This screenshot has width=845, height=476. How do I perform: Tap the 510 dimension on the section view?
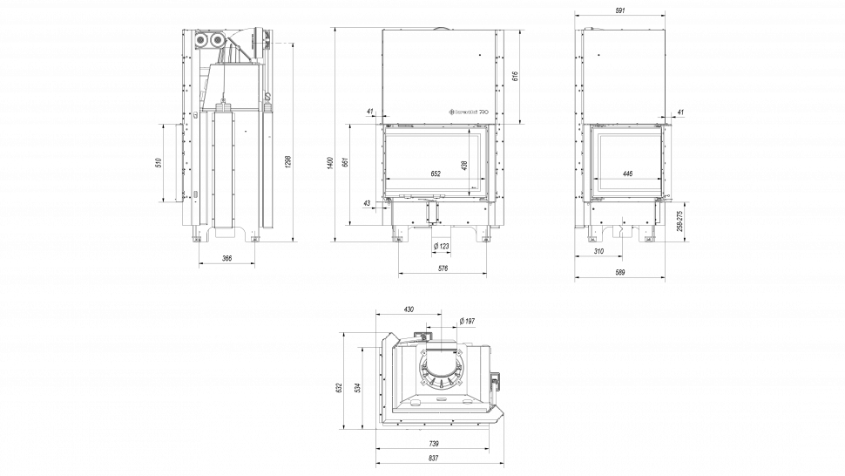point(158,163)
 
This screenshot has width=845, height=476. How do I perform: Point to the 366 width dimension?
point(226,258)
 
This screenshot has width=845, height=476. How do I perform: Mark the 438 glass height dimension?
point(464,163)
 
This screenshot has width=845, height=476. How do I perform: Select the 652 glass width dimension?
point(436,173)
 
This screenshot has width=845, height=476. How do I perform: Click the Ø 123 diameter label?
point(441,247)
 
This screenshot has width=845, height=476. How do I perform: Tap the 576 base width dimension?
point(442,269)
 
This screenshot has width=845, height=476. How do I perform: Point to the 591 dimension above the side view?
point(620,11)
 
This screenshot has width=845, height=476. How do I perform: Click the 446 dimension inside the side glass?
point(627,173)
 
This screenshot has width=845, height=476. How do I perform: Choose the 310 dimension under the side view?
point(598,251)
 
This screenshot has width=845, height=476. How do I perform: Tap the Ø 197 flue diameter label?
point(467,322)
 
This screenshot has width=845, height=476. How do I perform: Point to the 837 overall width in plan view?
point(433,458)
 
